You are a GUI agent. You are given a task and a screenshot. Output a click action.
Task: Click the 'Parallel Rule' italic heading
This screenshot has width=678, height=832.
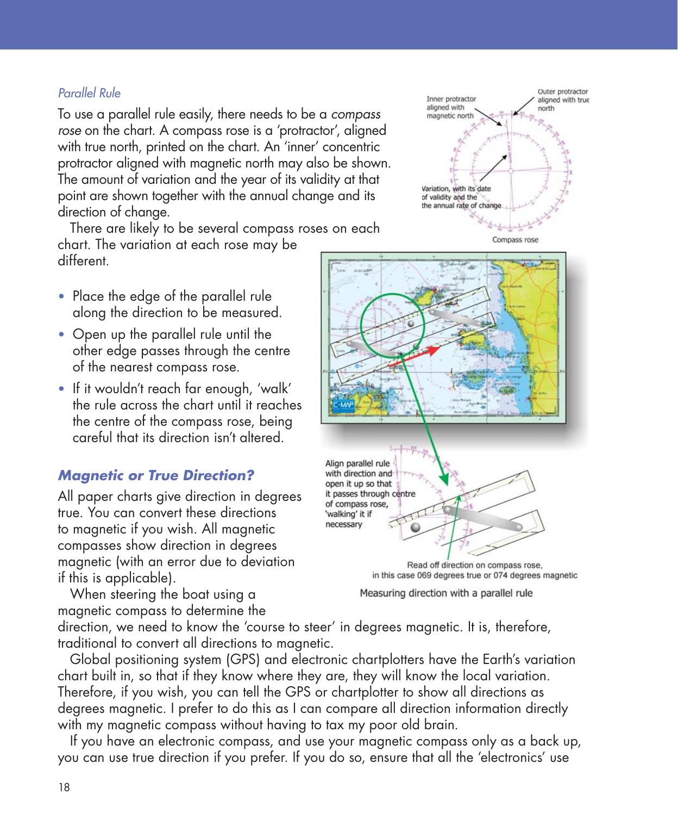89,93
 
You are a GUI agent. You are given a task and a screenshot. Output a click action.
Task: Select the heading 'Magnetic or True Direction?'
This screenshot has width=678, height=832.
156,475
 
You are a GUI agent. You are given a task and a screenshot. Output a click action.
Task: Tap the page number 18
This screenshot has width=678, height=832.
64,787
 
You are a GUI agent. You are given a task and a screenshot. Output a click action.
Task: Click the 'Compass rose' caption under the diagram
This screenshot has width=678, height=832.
514,240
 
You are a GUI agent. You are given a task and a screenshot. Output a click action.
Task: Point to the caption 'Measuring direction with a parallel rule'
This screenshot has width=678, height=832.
446,593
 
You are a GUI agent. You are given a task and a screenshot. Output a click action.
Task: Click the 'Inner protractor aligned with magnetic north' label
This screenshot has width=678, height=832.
450,107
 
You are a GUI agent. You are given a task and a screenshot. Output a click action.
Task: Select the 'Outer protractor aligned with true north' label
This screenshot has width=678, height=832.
562,100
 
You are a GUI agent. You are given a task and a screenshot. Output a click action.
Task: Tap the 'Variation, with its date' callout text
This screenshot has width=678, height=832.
457,189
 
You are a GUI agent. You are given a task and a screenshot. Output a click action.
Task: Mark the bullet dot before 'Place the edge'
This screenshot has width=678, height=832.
64,297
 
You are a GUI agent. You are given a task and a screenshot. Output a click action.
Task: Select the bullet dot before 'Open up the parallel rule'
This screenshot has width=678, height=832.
64,335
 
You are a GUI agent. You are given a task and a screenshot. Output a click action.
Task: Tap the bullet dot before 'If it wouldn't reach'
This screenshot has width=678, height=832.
64,389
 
